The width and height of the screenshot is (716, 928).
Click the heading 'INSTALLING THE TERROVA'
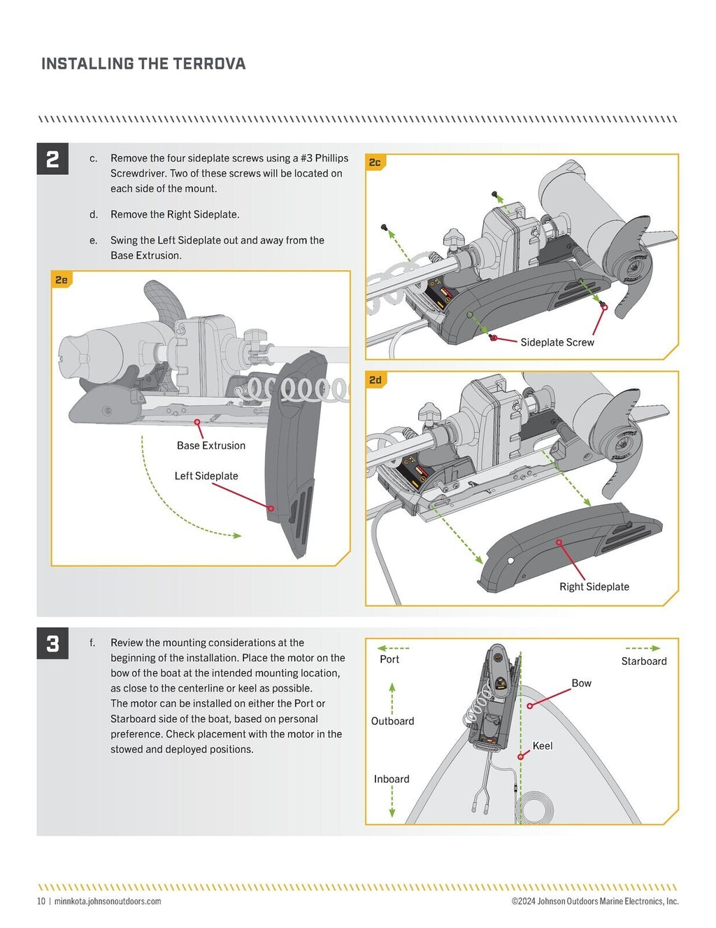tap(143, 64)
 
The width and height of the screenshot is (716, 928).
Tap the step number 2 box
tap(52, 159)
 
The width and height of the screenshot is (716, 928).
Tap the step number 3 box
tap(52, 643)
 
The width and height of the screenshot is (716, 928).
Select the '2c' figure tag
tap(375, 162)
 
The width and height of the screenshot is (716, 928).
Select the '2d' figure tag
tap(375, 380)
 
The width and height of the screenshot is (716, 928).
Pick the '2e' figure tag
tap(62, 280)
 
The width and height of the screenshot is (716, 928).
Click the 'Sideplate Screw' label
tap(557, 342)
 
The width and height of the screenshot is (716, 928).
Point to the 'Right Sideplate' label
tap(594, 586)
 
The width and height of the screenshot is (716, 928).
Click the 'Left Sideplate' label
tap(206, 476)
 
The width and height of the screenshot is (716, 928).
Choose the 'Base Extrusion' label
tap(210, 445)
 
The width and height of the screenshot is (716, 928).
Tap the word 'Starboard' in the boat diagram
tap(643, 661)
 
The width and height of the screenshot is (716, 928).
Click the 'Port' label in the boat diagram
tap(389, 659)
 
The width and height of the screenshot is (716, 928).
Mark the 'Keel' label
tap(542, 746)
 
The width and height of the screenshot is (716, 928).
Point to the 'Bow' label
tap(581, 683)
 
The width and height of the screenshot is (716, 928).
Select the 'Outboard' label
tap(392, 721)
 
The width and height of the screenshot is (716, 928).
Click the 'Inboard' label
tap(392, 779)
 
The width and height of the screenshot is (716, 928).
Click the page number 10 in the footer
tap(41, 901)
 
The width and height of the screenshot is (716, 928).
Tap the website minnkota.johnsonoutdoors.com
tap(108, 901)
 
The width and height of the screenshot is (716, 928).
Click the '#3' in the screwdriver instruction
tap(306, 158)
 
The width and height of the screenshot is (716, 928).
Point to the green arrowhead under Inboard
tap(392, 813)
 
